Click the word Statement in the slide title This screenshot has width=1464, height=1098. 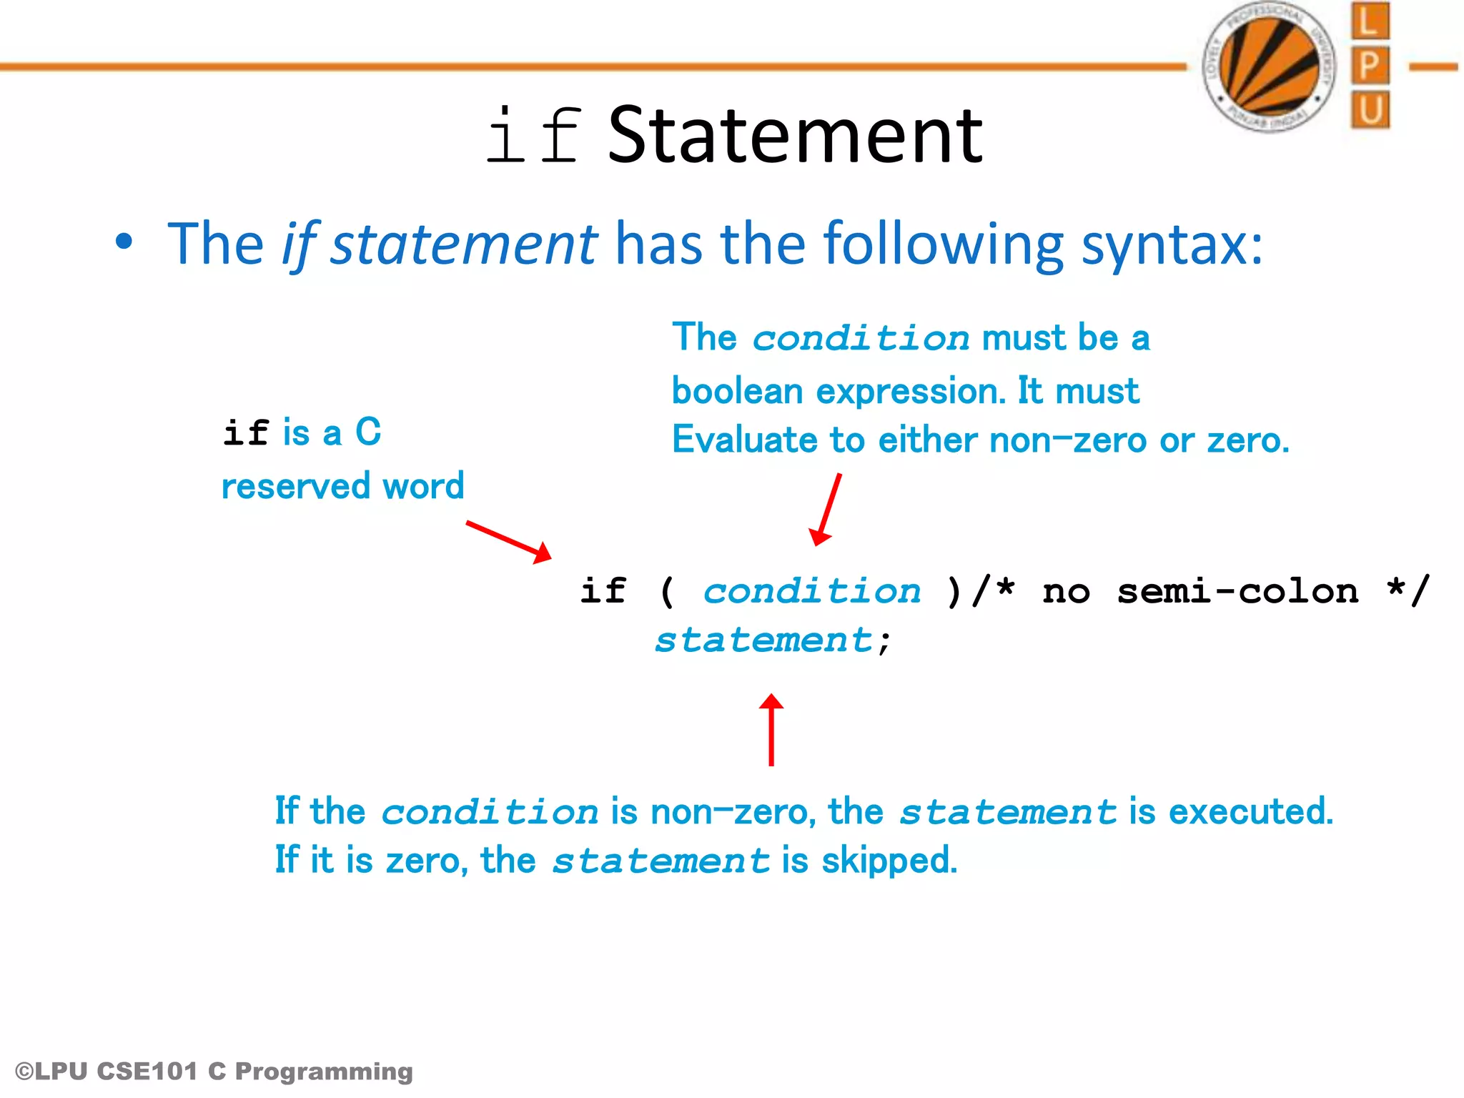(x=795, y=135)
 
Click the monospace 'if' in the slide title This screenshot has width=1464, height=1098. (x=533, y=136)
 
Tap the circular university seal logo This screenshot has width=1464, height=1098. (x=1270, y=66)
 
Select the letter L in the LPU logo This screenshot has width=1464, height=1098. (x=1369, y=21)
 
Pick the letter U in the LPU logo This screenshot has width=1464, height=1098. (x=1370, y=110)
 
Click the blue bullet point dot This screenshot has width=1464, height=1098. (x=124, y=242)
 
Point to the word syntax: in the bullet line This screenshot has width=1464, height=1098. (x=1172, y=244)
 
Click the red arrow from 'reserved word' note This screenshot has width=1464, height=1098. (x=508, y=541)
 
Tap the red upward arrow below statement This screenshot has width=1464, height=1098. (x=771, y=729)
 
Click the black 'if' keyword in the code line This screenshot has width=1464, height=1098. (x=603, y=591)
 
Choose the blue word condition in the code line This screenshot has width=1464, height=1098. (x=812, y=591)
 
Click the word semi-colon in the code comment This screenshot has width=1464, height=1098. (x=1237, y=591)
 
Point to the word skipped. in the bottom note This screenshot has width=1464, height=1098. (x=889, y=860)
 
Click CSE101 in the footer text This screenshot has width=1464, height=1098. (x=147, y=1071)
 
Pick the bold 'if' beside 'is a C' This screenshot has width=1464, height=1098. (x=246, y=433)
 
